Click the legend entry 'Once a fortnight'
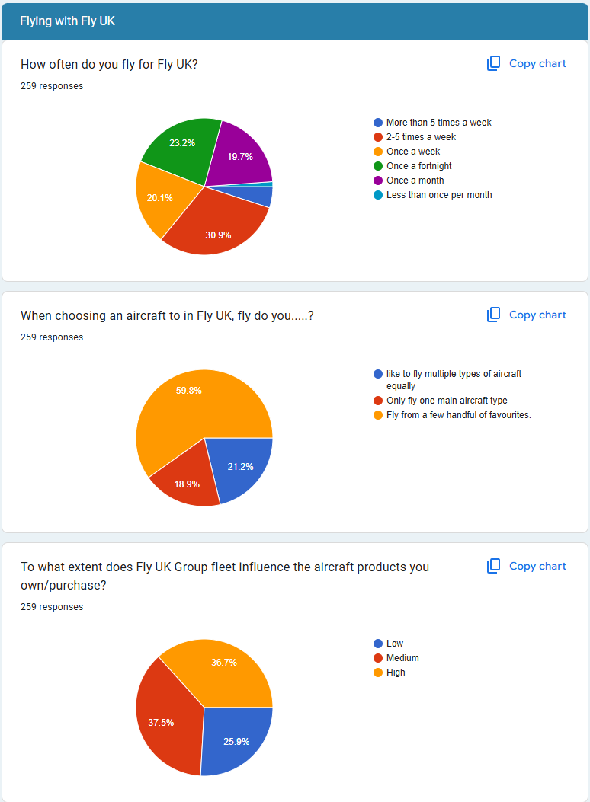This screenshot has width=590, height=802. pyautogui.click(x=418, y=166)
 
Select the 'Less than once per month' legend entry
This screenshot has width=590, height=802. pyautogui.click(x=438, y=195)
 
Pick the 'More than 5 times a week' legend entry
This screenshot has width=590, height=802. pyautogui.click(x=438, y=123)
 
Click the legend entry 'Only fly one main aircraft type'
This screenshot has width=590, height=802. pyautogui.click(x=446, y=401)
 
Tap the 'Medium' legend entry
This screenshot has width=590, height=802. pyautogui.click(x=402, y=658)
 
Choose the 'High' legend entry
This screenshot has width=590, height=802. pyautogui.click(x=396, y=673)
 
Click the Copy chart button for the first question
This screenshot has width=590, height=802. pyautogui.click(x=527, y=63)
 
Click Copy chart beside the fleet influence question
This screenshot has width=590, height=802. pyautogui.click(x=527, y=566)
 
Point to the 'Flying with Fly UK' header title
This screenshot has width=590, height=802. pyautogui.click(x=68, y=21)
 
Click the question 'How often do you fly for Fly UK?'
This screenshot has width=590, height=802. pyautogui.click(x=110, y=64)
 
